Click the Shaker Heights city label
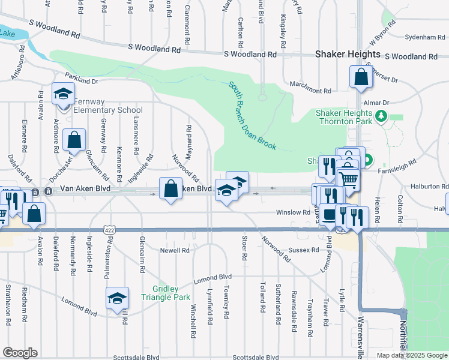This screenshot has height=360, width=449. [348, 54]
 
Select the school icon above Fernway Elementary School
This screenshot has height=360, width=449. [63, 94]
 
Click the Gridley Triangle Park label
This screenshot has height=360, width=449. [166, 293]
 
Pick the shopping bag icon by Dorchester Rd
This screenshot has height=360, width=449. [74, 140]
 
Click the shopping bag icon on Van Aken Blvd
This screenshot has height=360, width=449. [170, 188]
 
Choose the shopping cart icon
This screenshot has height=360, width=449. [348, 178]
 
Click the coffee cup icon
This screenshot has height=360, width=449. [328, 214]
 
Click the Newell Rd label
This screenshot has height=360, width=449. [175, 250]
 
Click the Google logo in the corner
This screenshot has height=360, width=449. [20, 353]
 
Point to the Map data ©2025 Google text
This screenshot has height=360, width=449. [411, 355]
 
